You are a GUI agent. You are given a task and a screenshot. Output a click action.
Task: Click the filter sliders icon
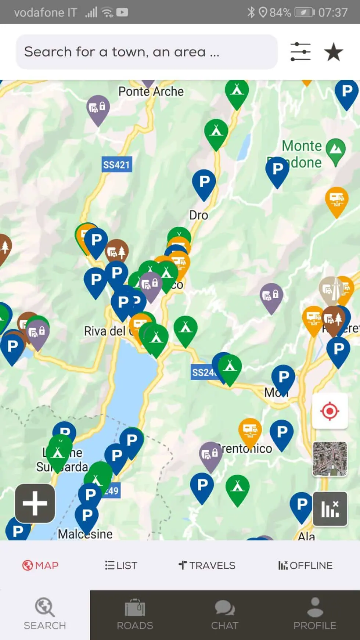[300, 52]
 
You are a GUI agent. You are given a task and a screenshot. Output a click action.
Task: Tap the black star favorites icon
[334, 52]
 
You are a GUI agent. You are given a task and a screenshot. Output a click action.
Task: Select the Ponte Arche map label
[151, 91]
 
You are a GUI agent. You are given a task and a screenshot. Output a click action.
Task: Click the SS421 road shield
[116, 165]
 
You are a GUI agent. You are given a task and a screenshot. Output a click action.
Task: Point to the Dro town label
[198, 215]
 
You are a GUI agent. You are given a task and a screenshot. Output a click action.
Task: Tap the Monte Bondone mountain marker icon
[335, 150]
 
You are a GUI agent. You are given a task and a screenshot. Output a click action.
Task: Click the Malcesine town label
[85, 534]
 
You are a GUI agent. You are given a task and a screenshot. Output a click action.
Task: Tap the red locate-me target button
[330, 410]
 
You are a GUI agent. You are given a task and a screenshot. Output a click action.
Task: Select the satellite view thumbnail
[330, 459]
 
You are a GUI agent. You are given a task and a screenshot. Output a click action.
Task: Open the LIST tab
[121, 565]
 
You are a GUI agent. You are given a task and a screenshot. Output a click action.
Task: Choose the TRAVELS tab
[207, 565]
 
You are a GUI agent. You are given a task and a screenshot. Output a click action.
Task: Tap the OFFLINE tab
[305, 565]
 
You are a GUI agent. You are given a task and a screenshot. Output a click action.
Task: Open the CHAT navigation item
[225, 614]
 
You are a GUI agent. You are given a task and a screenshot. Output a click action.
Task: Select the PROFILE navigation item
[315, 614]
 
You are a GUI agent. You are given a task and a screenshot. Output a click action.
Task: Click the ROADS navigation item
[135, 614]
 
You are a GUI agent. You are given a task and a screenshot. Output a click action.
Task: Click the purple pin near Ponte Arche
[98, 108]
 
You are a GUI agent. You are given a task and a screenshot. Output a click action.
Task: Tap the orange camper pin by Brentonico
[250, 430]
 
